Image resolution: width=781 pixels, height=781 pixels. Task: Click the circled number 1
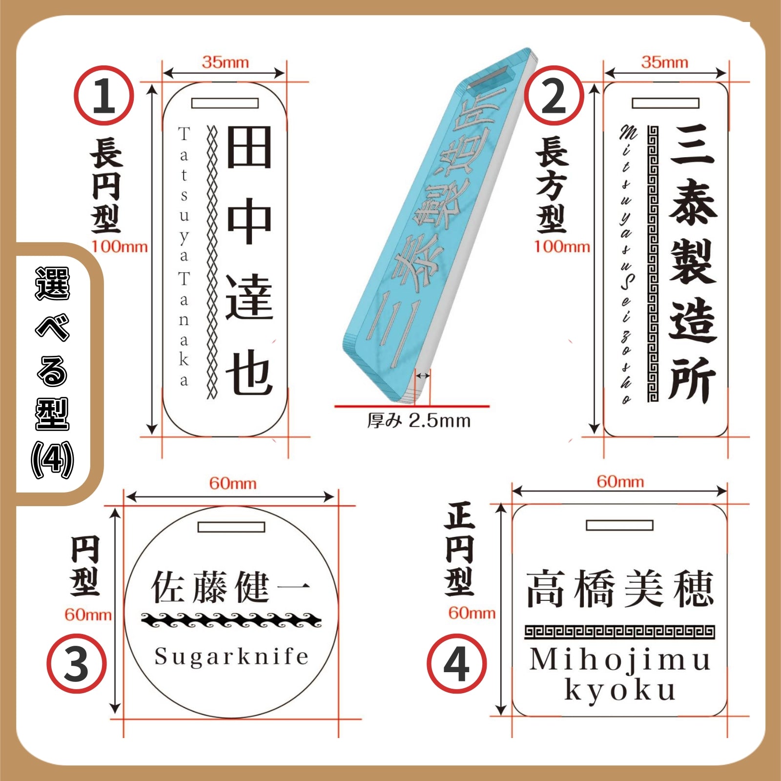pyautogui.click(x=103, y=96)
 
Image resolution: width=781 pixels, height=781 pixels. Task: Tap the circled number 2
pyautogui.click(x=554, y=96)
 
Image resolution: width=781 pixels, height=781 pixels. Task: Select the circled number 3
pyautogui.click(x=77, y=663)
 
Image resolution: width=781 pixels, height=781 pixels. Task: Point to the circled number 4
pyautogui.click(x=456, y=663)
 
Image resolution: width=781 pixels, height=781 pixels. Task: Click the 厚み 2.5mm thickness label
pyautogui.click(x=419, y=420)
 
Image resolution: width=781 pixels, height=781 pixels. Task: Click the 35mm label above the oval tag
pyautogui.click(x=225, y=62)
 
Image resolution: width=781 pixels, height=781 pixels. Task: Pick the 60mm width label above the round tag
pyautogui.click(x=233, y=483)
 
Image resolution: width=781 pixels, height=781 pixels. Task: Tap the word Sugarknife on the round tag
pyautogui.click(x=232, y=656)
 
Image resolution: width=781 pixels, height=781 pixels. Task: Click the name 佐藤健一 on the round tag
pyautogui.click(x=230, y=587)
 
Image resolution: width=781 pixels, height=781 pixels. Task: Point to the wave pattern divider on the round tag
pyautogui.click(x=231, y=620)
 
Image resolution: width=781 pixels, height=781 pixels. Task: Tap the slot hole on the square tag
pyautogui.click(x=619, y=525)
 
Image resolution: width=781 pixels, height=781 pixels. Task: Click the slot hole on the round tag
pyautogui.click(x=231, y=527)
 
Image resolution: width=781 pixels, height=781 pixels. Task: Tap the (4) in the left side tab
pyautogui.click(x=52, y=459)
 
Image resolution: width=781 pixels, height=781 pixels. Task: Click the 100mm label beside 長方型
pyautogui.click(x=561, y=247)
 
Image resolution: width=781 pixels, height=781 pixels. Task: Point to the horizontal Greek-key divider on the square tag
pyautogui.click(x=620, y=632)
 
